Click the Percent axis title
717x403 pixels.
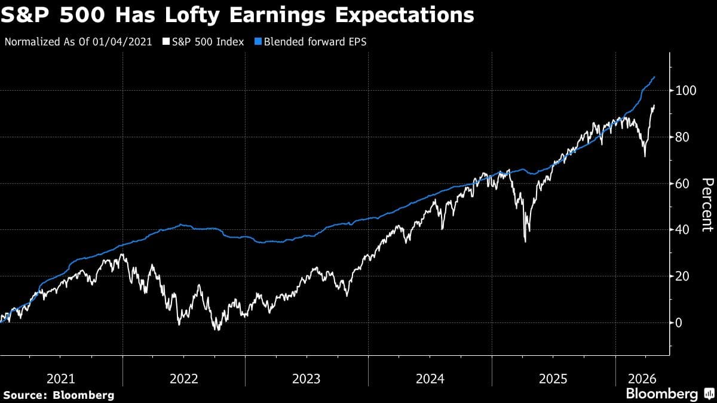(707, 205)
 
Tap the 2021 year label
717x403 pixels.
(61, 379)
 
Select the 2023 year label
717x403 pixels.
(307, 379)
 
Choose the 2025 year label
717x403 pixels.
(553, 379)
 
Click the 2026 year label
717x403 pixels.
(642, 379)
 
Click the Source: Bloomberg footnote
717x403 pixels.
(59, 395)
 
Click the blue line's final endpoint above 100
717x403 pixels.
(655, 77)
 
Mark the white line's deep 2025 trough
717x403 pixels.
(525, 241)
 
